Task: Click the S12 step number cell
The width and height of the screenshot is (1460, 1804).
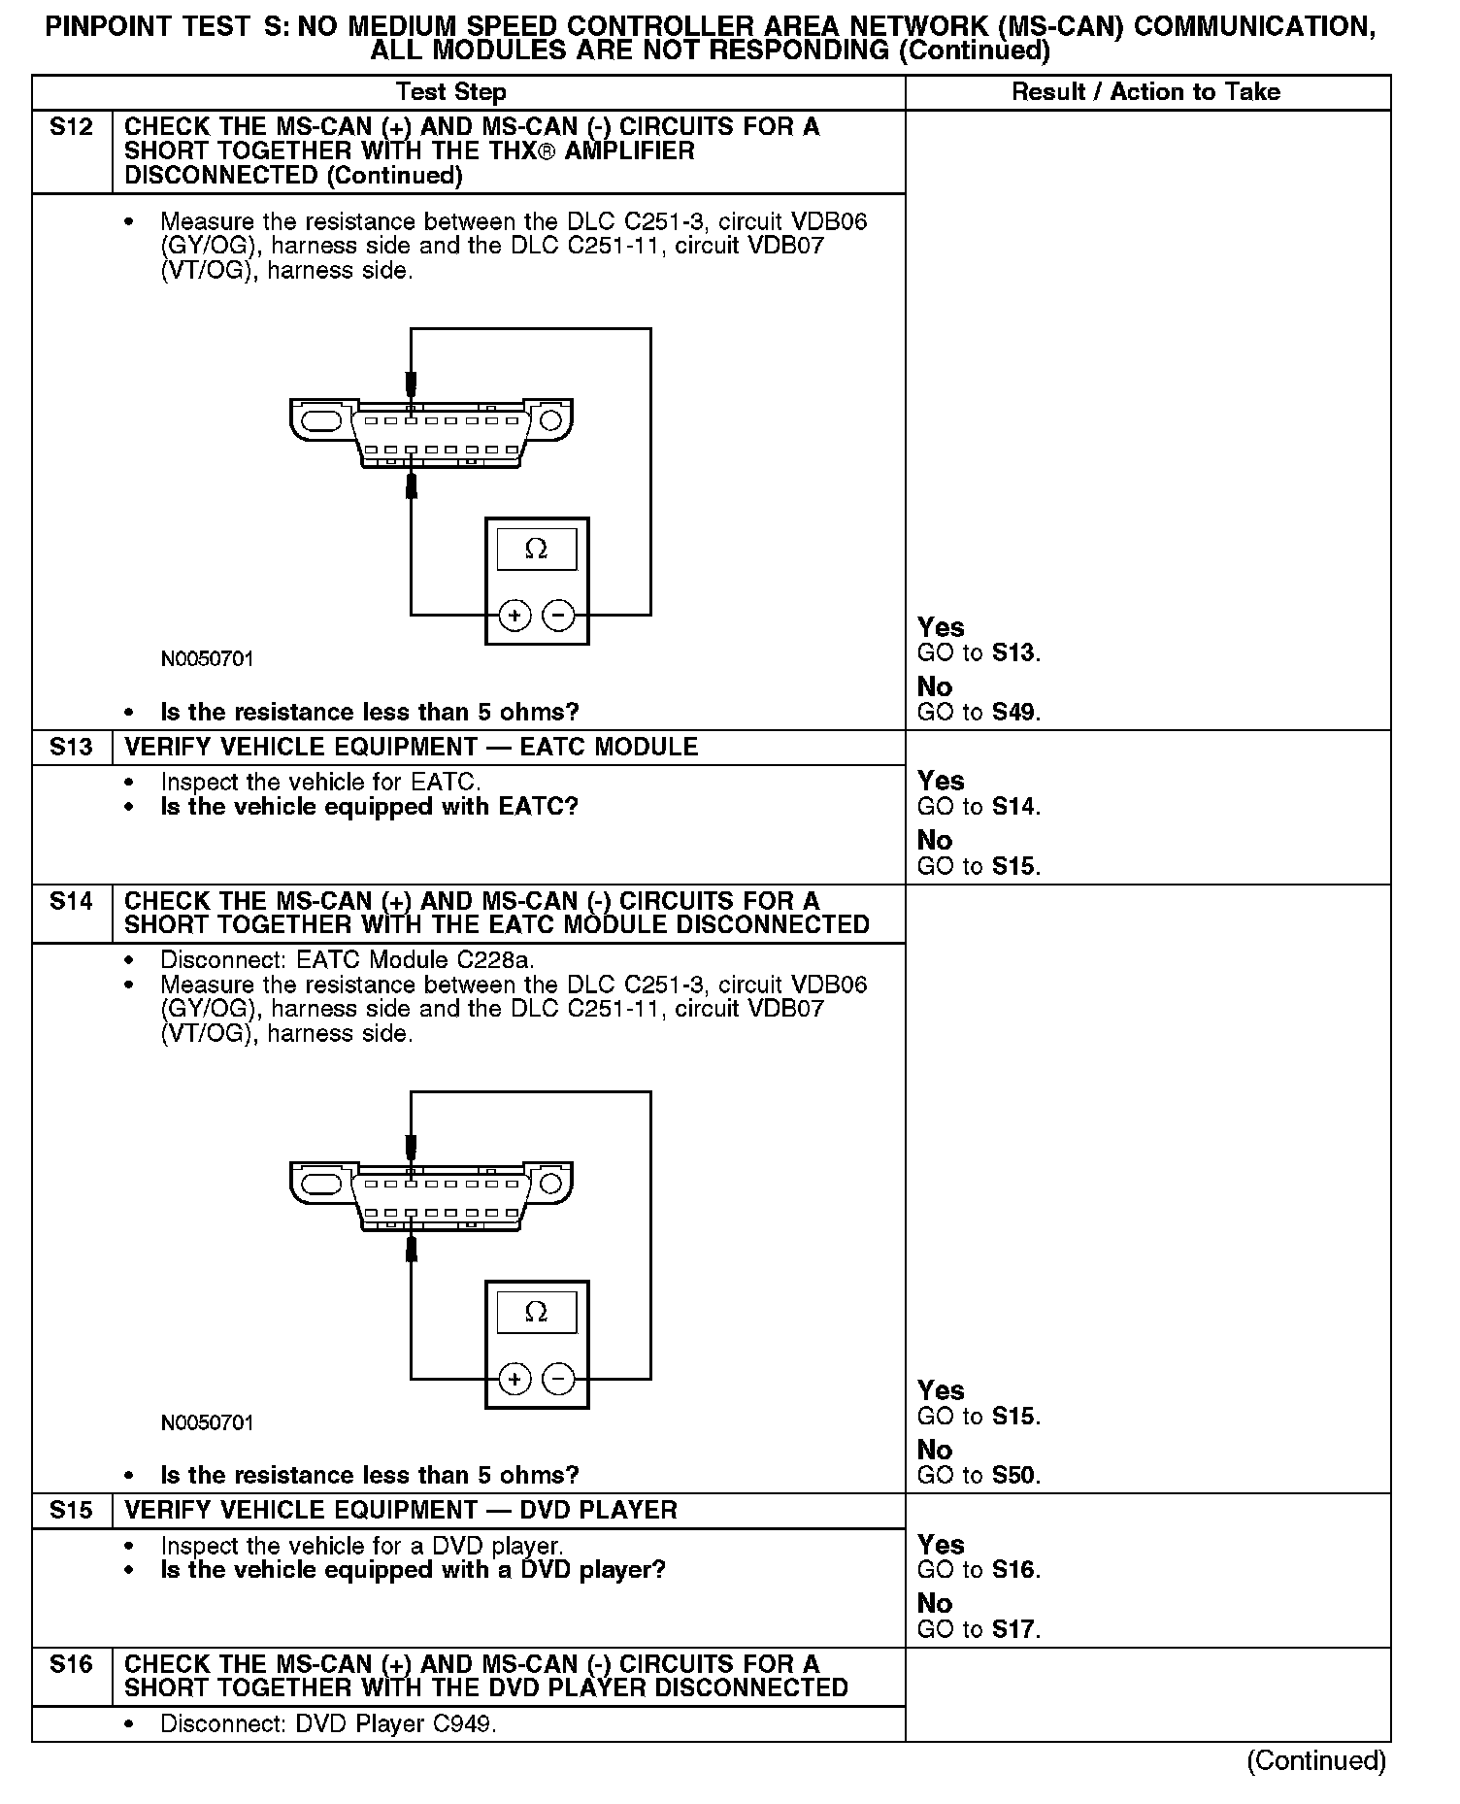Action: (71, 127)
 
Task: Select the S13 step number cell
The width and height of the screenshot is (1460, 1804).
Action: (71, 747)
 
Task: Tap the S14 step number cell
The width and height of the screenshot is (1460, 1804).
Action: (71, 901)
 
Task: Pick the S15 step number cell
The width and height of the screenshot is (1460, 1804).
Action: (71, 1510)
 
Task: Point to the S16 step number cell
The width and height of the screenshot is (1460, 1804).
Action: (71, 1664)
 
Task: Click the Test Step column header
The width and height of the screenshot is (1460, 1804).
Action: (450, 92)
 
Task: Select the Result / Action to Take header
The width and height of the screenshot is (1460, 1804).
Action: (1145, 92)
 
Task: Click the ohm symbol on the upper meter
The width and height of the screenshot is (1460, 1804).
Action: (536, 550)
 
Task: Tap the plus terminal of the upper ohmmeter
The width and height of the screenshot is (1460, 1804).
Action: (514, 615)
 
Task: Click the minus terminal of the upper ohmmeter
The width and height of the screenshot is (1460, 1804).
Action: (558, 615)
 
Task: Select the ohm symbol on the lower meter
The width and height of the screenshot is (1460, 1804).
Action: (536, 1313)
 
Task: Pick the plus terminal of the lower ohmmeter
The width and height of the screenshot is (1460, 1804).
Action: (514, 1379)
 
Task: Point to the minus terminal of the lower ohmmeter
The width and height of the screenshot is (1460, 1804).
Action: (558, 1379)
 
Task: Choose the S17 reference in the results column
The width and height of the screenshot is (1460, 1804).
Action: (1014, 1630)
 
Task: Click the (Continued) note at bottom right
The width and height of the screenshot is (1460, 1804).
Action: (1315, 1760)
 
